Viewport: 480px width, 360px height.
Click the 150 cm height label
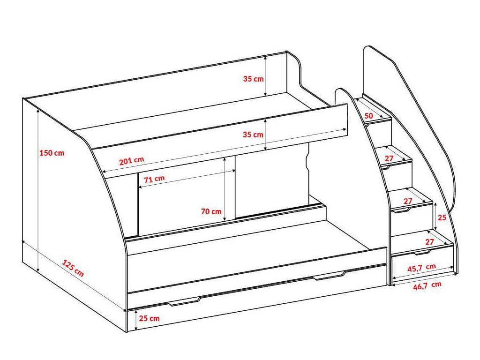52,153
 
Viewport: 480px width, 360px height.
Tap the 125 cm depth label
73,269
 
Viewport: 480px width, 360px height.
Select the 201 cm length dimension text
131,161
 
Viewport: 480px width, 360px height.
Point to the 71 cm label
154,179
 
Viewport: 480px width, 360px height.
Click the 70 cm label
211,211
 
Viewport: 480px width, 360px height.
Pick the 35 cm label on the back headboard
253,79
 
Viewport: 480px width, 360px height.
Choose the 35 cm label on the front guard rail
253,135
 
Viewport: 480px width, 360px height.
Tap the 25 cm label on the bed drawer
150,318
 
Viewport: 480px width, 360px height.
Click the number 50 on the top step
368,115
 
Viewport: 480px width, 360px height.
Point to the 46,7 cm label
427,286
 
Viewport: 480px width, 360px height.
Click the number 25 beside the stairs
442,217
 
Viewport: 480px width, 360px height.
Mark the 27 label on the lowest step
429,242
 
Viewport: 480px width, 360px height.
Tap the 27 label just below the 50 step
389,158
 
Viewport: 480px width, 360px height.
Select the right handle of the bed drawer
330,277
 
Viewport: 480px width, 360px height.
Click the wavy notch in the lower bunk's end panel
308,162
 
